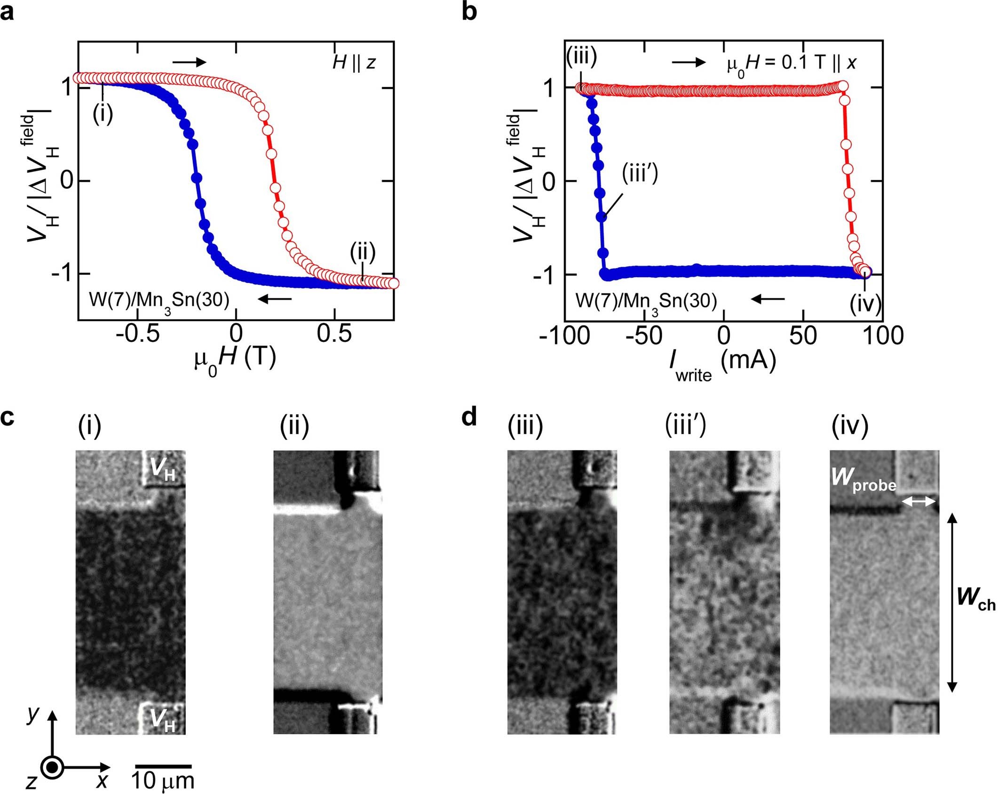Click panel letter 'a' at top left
coord(8,12)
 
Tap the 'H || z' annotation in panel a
coord(354,62)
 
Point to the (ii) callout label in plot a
coord(363,253)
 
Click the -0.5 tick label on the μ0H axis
coord(137,333)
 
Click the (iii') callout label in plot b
coord(640,174)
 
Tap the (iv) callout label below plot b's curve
coord(865,304)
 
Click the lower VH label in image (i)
coord(163,720)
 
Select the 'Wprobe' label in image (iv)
coord(863,479)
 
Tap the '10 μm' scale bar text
coord(162,780)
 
